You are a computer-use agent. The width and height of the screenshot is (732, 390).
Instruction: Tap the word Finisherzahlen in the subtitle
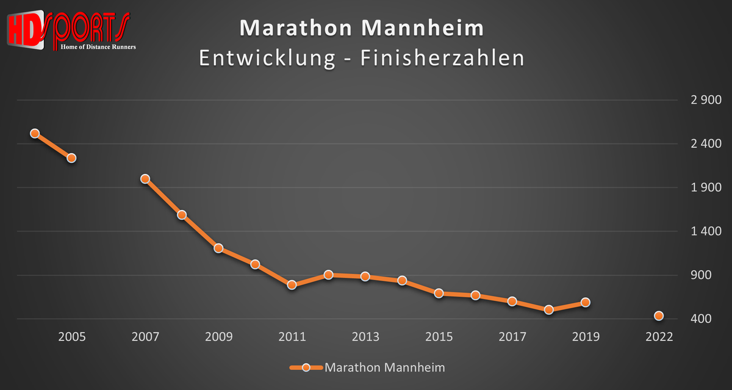coord(442,58)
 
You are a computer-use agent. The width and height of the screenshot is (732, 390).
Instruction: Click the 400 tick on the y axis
coord(709,319)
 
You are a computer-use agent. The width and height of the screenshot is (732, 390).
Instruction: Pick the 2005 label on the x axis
coord(71,337)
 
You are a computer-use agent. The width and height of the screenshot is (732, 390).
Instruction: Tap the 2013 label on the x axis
coord(365,337)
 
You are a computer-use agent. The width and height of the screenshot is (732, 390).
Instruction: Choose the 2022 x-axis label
coord(659,337)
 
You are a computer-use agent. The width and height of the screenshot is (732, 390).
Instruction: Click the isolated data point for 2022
coord(659,316)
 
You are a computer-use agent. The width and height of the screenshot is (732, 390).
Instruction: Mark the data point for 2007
coord(145,179)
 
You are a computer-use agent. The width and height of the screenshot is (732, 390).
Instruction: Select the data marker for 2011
coord(292,285)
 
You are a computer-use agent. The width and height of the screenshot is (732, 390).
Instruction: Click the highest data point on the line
coord(35,133)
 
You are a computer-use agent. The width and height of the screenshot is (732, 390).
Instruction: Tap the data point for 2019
coord(585,302)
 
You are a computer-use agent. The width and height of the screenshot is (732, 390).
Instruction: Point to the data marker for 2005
coord(71,158)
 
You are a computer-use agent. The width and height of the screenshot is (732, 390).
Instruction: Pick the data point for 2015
coord(439,294)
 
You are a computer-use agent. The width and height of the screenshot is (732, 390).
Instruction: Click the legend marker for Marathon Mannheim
coord(306,367)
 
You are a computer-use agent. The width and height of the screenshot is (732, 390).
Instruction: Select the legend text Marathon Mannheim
coord(384,367)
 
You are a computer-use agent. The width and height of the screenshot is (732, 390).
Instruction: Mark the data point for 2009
coord(218,248)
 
